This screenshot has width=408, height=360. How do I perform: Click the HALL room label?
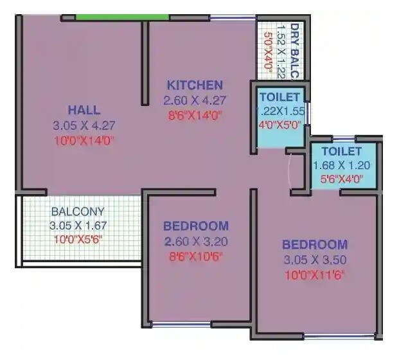tap(84, 110)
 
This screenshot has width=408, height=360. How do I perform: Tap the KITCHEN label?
tap(195, 85)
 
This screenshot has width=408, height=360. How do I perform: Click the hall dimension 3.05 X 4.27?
tap(84, 125)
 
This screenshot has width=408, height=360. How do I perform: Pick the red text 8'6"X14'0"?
tap(195, 116)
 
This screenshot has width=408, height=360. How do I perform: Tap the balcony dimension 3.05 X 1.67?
tap(78, 226)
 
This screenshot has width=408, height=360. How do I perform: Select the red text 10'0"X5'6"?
tap(78, 240)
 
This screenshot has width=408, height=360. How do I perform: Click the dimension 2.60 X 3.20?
tap(195, 242)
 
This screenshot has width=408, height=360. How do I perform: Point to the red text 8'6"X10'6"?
tap(195, 256)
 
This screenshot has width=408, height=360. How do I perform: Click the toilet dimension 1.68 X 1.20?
tap(341, 166)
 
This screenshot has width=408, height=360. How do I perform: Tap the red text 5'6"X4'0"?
tap(341, 179)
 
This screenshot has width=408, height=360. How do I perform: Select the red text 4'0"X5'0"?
tap(279, 125)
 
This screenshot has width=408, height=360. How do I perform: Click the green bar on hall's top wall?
tap(122, 17)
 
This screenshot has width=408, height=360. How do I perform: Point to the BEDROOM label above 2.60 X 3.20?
tap(195, 226)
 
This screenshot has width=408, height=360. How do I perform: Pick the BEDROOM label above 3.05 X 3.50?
tap(315, 245)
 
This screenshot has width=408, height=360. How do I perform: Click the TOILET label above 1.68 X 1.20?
tap(341, 152)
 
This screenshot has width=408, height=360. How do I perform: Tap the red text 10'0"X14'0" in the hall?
tap(84, 140)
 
